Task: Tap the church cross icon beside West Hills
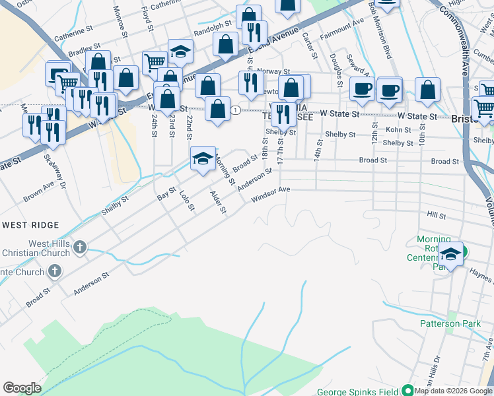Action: pos(79,248)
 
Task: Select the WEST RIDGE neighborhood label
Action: pos(31,225)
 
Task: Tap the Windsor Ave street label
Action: pos(271,193)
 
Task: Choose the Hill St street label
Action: pos(437,215)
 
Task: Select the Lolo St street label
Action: pos(187,201)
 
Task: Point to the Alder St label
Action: pos(218,202)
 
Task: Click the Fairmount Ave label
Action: pos(342,31)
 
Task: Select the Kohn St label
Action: pos(398,130)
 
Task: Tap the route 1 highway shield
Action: pos(235,110)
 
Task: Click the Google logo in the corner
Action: pos(22,388)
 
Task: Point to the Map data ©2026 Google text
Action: pos(454,391)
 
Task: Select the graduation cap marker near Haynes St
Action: pos(451,253)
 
